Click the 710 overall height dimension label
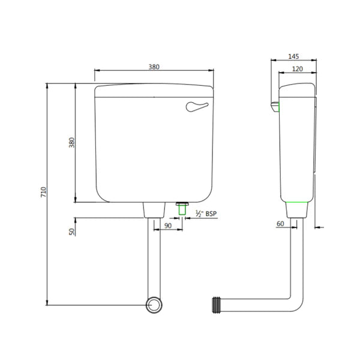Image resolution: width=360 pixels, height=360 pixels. coord(43,193)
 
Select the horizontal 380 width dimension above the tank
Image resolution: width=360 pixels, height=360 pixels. coord(154,67)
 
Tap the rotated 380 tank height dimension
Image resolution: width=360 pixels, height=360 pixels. coord(71,143)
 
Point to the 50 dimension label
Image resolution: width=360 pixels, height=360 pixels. coord(71,231)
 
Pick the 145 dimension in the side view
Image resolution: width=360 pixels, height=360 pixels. coord(293,56)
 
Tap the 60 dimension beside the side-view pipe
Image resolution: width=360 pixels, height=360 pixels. coord(280,224)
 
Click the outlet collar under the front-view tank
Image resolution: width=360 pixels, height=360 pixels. coord(154,209)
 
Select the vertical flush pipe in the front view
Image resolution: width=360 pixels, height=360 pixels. coord(154,258)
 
